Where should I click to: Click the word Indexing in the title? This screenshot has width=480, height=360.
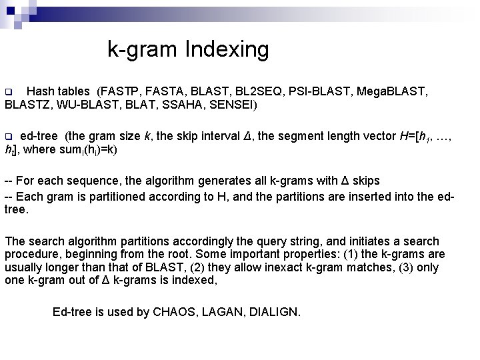(228, 49)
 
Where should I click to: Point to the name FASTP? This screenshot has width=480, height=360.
(120, 91)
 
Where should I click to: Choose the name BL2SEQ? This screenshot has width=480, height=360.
(257, 91)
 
